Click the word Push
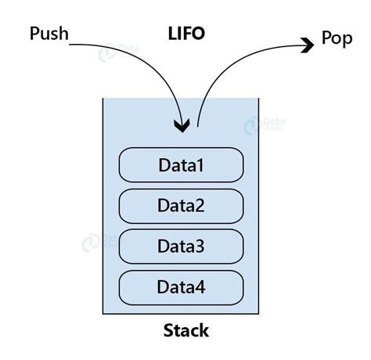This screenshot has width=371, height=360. click(x=48, y=34)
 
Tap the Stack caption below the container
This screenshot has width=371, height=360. click(x=185, y=330)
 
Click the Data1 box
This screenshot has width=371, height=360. click(x=181, y=165)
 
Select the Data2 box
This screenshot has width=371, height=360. click(x=181, y=206)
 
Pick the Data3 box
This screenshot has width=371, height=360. click(x=181, y=247)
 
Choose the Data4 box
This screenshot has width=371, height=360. click(x=181, y=287)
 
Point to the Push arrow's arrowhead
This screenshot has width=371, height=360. click(x=183, y=125)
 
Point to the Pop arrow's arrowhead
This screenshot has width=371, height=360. click(x=306, y=45)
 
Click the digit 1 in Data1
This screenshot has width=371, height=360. click(x=200, y=165)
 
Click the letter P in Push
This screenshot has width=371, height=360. click(x=34, y=34)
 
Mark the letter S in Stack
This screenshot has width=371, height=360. click(x=167, y=330)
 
